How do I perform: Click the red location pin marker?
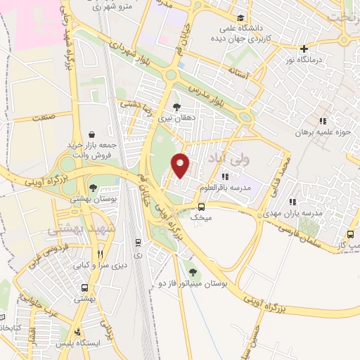click(181, 165)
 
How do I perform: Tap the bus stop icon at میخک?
click(202, 207)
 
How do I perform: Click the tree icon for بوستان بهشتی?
click(92, 188)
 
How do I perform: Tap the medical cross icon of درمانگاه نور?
click(304, 49)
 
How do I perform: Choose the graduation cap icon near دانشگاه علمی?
click(241, 18)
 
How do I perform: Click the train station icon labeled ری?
click(138, 243)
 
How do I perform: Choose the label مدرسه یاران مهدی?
click(297, 212)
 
